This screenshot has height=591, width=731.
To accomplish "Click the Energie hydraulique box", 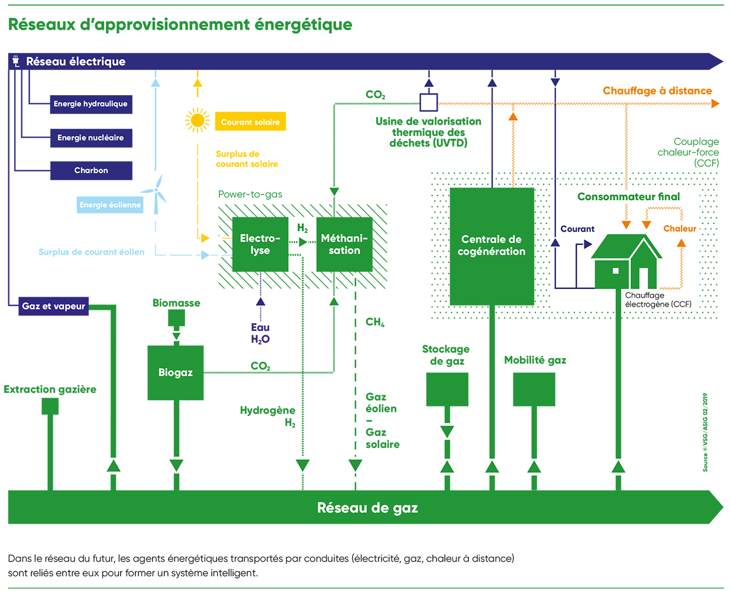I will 90,104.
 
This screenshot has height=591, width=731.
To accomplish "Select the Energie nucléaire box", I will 90,138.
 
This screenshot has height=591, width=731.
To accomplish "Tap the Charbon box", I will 90,170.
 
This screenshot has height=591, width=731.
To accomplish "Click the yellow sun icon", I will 198,121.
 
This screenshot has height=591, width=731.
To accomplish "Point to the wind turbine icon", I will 157,193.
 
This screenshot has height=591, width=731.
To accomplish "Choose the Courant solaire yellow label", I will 250,122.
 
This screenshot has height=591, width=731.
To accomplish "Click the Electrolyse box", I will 260,245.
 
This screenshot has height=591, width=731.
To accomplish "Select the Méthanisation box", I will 344,245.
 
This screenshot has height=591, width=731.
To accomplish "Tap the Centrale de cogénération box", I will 491,246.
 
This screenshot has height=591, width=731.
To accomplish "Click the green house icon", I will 627,262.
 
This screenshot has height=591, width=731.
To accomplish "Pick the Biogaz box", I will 176,373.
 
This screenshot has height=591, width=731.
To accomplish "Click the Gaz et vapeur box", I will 53,306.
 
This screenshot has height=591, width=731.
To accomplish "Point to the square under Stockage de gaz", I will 447,389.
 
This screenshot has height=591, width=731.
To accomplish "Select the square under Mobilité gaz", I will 534,389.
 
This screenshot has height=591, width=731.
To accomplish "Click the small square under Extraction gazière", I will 50,406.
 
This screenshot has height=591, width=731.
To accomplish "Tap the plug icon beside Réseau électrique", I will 16,61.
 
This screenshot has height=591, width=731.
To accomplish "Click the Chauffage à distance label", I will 657,91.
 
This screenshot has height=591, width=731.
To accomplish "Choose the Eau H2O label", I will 260,333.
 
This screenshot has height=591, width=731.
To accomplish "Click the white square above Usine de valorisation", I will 429,103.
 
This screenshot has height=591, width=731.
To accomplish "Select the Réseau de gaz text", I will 367,508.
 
